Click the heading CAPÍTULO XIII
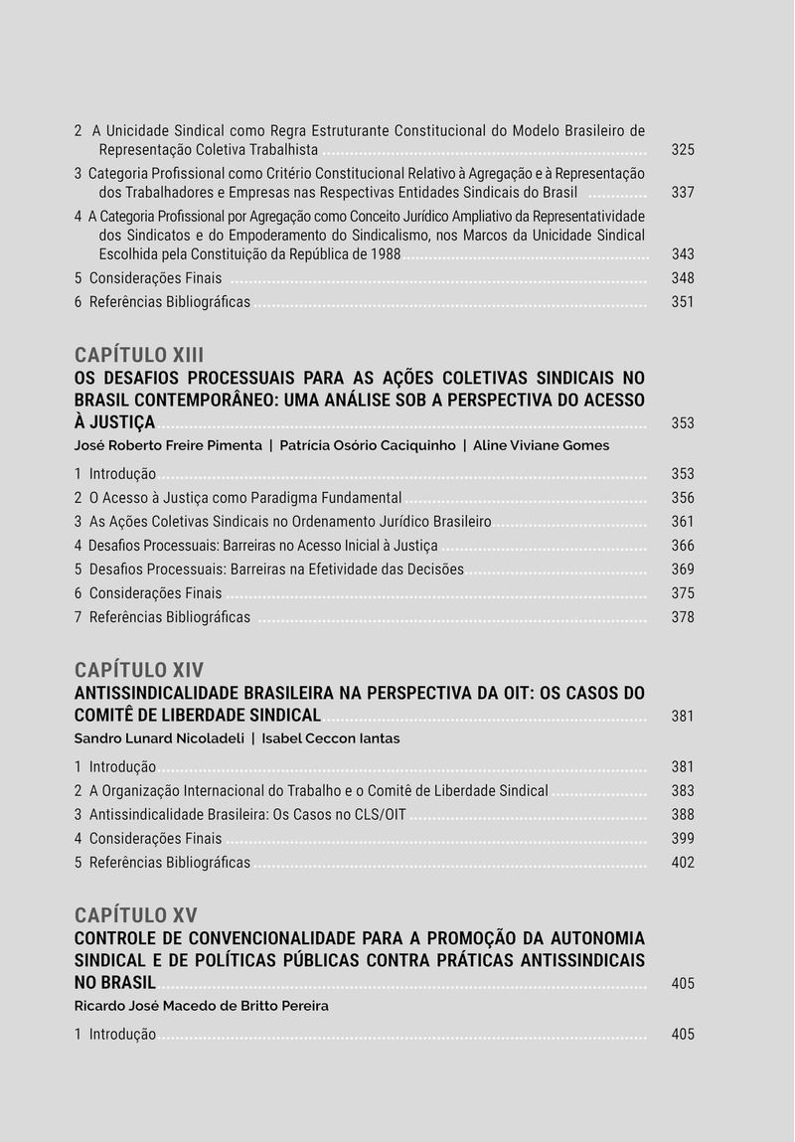pos(139,356)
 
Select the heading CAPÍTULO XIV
pos(139,670)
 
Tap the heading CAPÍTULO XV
pos(136,915)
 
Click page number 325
pos(683,150)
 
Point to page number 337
pos(683,192)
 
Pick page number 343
pos(683,254)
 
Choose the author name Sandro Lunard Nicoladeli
pos(158,738)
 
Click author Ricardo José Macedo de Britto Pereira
pos(201,1006)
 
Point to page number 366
pos(683,546)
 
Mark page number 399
pos(683,839)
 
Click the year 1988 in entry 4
pos(385,254)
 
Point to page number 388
pos(683,815)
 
